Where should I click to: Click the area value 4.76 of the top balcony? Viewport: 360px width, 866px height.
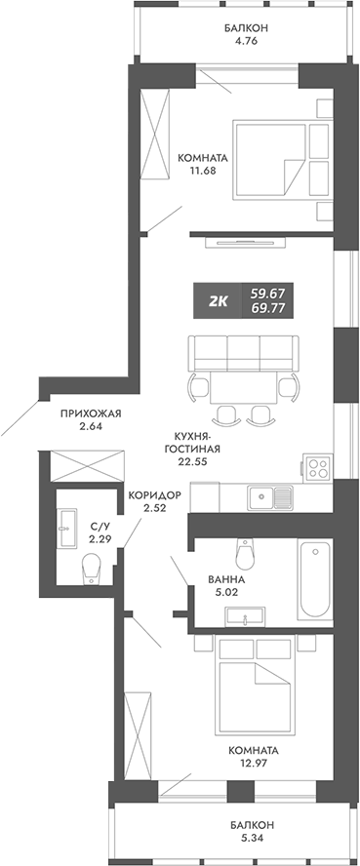click(x=231, y=42)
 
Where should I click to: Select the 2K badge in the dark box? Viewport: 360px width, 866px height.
click(x=218, y=301)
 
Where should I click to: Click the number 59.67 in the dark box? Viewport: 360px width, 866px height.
click(x=270, y=293)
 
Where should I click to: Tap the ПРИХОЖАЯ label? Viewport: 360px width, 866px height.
click(x=90, y=413)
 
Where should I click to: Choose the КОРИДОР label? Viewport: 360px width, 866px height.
click(x=155, y=494)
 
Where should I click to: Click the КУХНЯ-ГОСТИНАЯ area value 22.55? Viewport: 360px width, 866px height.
click(x=194, y=464)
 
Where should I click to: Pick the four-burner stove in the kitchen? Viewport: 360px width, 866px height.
click(x=318, y=467)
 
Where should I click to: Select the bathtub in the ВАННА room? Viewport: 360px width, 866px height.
click(x=315, y=577)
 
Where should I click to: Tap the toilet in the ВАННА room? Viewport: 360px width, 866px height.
click(x=250, y=554)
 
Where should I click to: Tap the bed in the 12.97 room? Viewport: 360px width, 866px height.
click(x=262, y=696)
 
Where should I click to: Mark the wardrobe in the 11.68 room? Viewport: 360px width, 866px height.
click(x=155, y=127)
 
